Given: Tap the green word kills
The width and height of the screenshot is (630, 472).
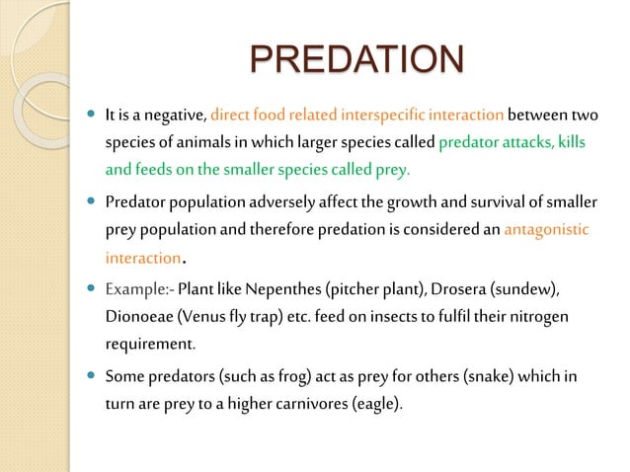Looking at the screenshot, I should click(x=570, y=144).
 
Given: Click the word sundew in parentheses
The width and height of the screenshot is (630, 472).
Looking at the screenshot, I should click(x=524, y=289).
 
